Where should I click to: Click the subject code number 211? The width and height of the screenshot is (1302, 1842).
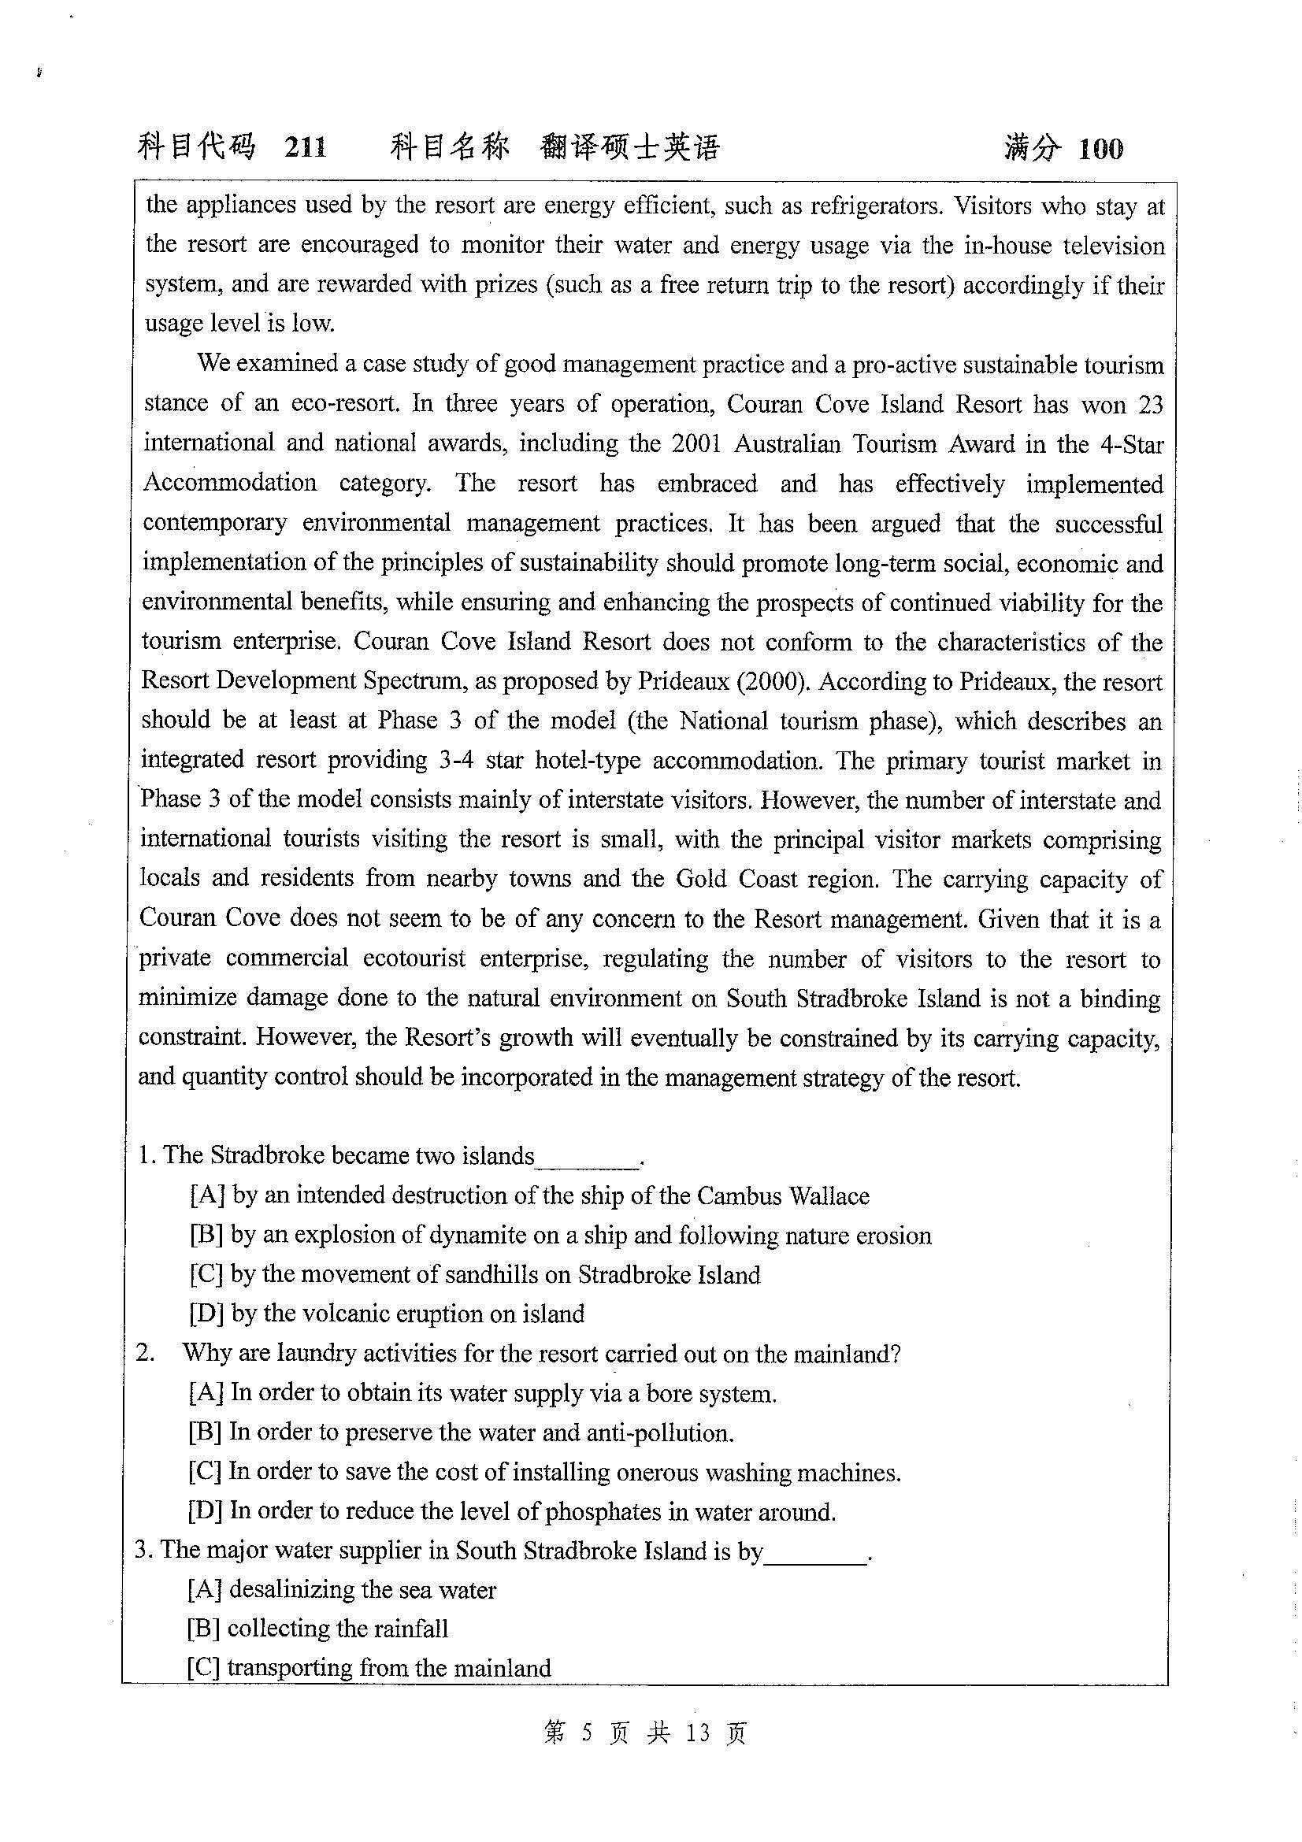[305, 147]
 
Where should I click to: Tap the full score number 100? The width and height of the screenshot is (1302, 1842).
[1100, 148]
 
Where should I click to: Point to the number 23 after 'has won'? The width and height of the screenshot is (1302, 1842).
[1149, 404]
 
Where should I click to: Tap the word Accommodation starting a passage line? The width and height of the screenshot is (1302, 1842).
[230, 483]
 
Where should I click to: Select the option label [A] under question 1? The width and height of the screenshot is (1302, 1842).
[207, 1195]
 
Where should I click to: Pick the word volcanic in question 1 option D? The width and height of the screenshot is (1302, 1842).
[351, 1314]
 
